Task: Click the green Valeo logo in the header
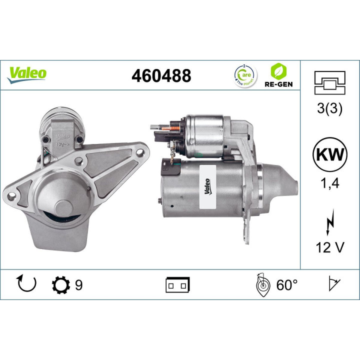tap(26, 73)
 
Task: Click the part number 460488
tap(161, 76)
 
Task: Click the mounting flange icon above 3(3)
tap(329, 82)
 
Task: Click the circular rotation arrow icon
tap(26, 285)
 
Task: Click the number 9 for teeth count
tap(78, 285)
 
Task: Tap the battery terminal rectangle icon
tap(177, 285)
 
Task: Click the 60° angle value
tap(286, 285)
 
